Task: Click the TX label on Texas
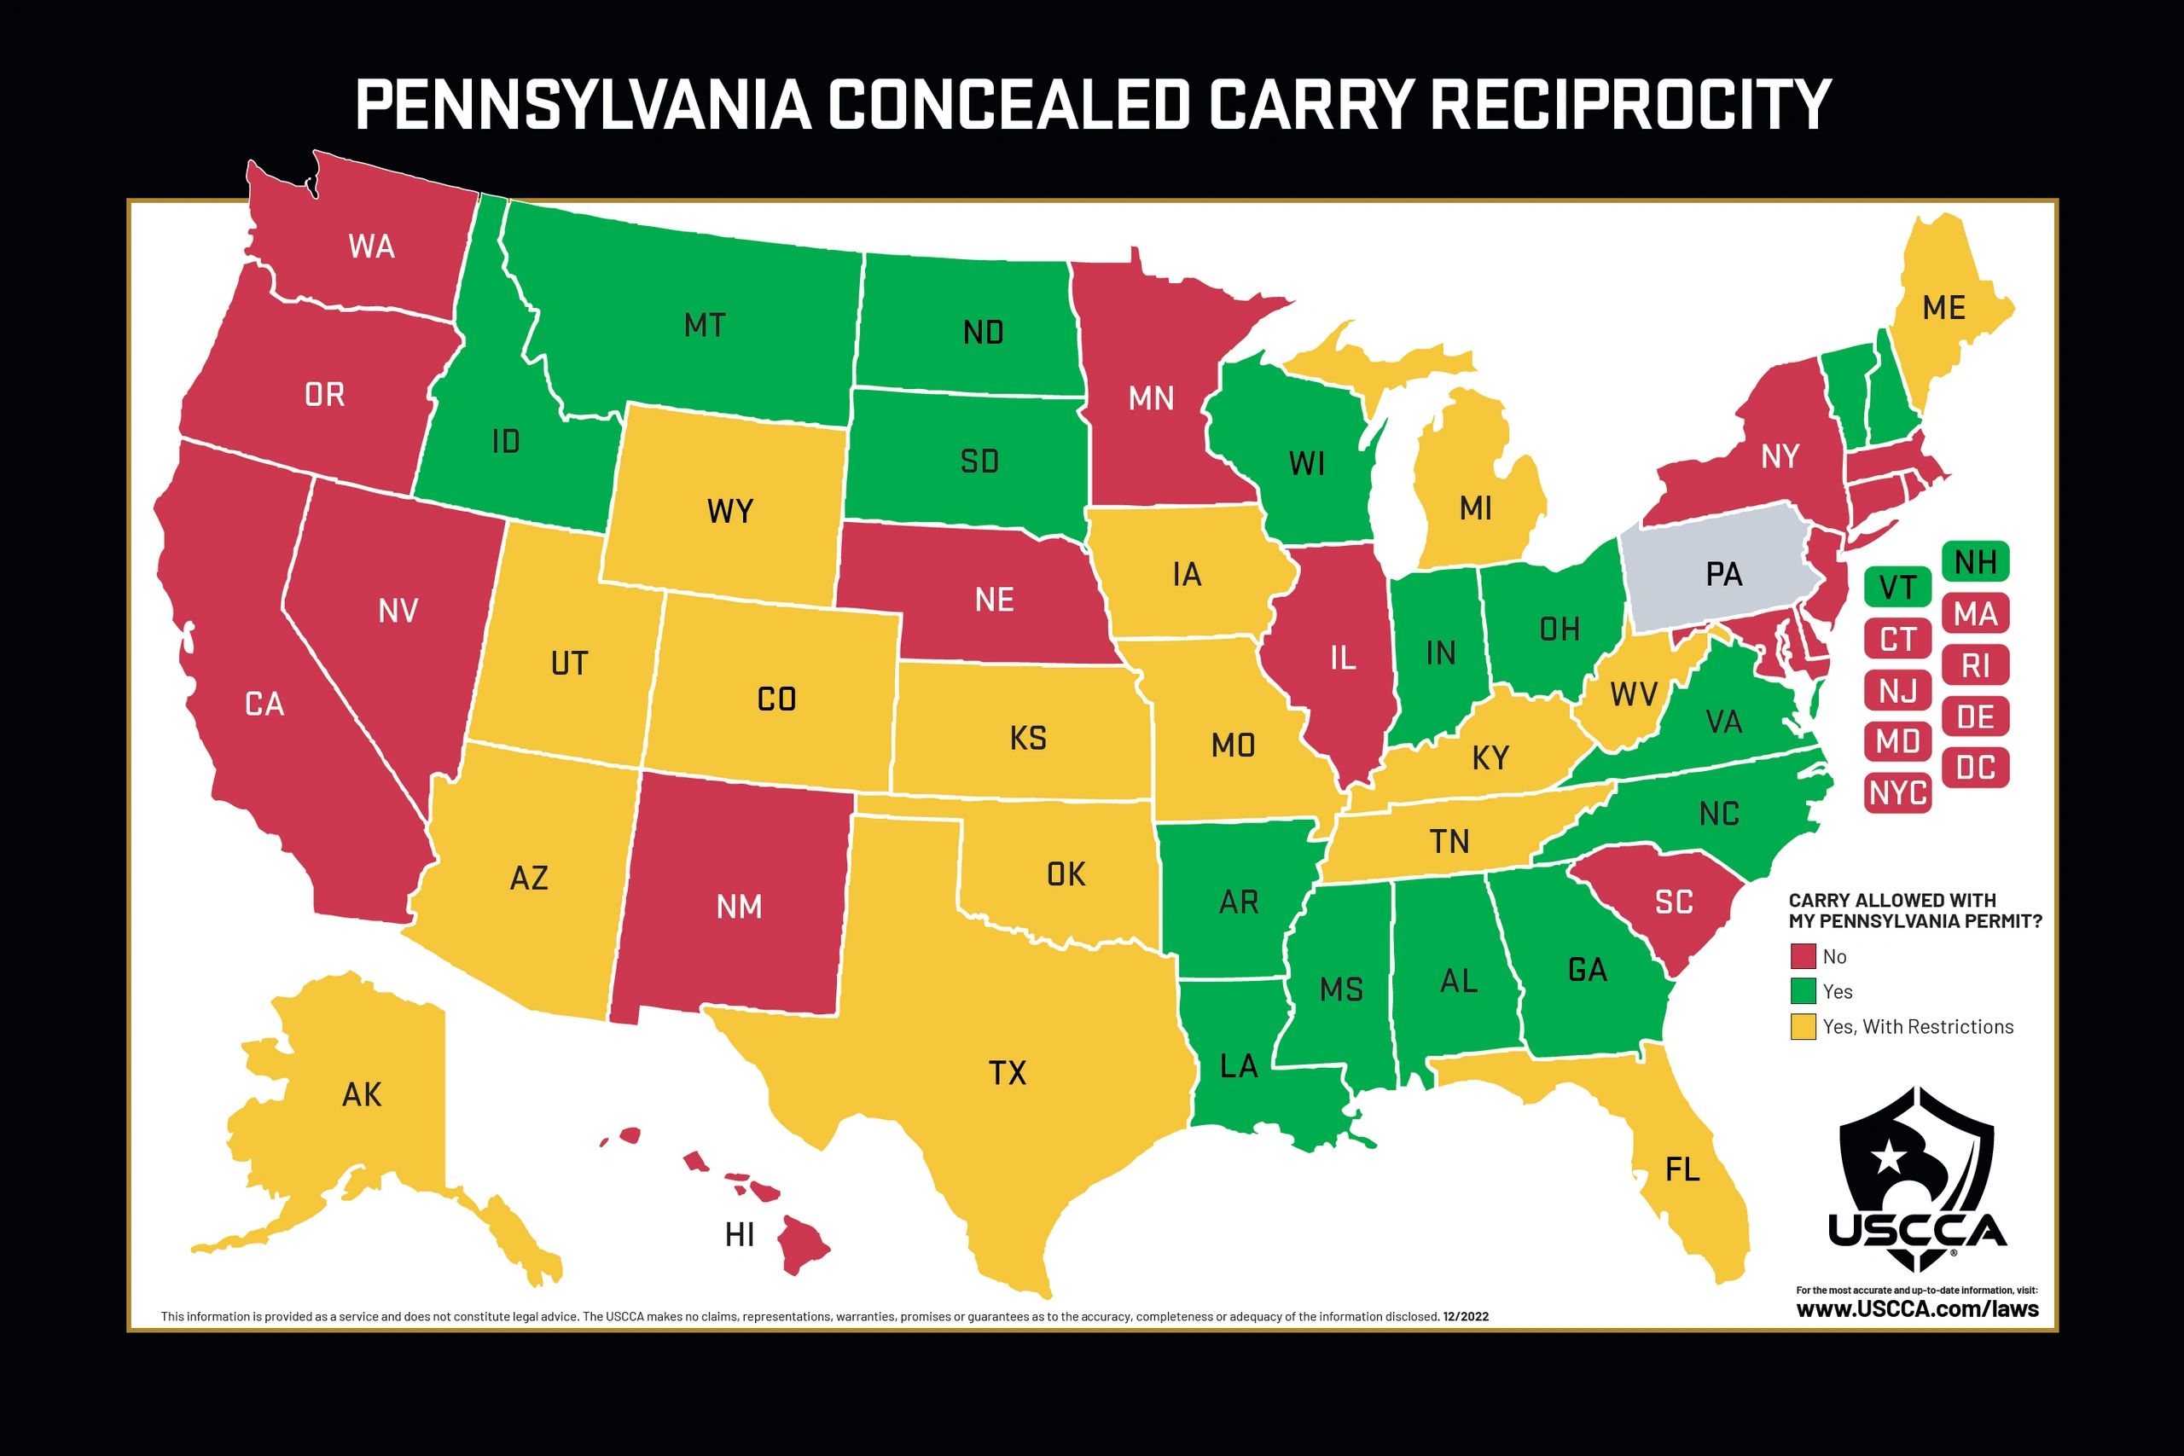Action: [1007, 1073]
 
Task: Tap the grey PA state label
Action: [1723, 575]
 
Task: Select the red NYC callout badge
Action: [1898, 793]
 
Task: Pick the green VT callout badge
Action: [1897, 587]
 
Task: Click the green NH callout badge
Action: [1975, 562]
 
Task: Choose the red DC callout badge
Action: [1975, 768]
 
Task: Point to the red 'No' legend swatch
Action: [1803, 956]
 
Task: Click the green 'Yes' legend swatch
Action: [1803, 991]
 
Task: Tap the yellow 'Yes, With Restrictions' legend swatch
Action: [1803, 1026]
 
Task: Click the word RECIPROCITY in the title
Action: [1629, 104]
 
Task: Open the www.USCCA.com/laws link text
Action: [1917, 1309]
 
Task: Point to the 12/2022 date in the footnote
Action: [1467, 1317]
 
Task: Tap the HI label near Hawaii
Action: [739, 1235]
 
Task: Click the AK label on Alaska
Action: [361, 1095]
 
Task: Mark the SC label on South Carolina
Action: [1673, 902]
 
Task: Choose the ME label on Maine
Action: [1943, 307]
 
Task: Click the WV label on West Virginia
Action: [1634, 693]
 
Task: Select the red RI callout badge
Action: [1975, 664]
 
